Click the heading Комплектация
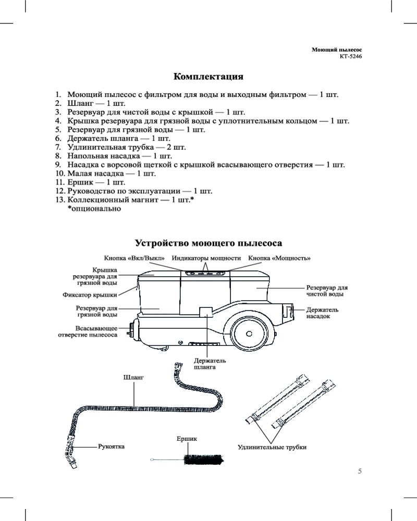208,77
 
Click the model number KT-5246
351,56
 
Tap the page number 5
360,471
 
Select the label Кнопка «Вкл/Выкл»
134,258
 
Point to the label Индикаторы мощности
206,258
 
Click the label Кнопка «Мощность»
279,258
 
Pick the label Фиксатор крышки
90,295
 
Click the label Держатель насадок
322,313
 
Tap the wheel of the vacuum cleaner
249,333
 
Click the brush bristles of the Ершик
203,460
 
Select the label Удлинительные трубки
272,447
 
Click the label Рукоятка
112,446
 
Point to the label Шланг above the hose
133,377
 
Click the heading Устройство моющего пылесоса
208,243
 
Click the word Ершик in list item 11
79,182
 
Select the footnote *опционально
94,209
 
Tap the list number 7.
58,147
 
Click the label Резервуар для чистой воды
327,291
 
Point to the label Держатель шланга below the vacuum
210,364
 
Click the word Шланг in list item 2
79,103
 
